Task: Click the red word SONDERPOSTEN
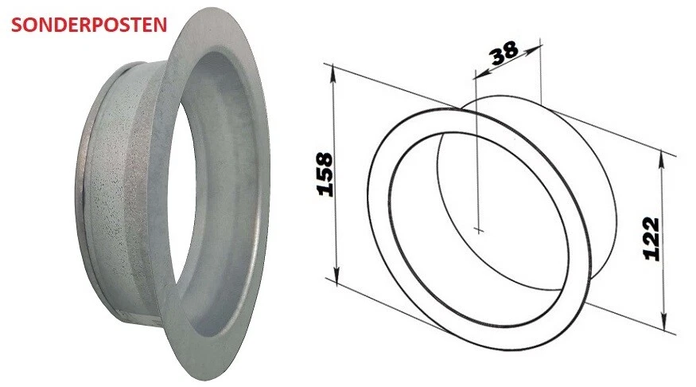coord(88,24)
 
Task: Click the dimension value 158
coord(325,174)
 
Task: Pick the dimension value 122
coord(651,238)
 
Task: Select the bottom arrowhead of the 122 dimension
coord(663,327)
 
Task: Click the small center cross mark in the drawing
coord(478,229)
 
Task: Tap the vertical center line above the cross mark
coord(478,159)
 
